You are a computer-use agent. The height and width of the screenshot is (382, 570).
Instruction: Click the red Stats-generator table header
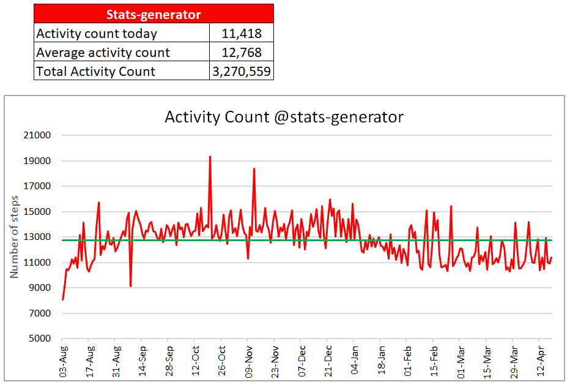point(154,14)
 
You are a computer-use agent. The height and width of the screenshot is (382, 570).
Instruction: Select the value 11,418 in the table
point(242,34)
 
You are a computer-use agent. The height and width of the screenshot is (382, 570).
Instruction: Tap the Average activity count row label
point(103,53)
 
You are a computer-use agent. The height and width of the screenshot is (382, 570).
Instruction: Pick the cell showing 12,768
point(242,53)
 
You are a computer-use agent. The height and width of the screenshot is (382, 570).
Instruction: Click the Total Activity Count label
point(95,71)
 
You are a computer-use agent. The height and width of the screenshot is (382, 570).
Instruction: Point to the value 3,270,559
point(242,71)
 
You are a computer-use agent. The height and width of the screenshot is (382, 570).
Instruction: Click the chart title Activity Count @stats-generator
point(284,117)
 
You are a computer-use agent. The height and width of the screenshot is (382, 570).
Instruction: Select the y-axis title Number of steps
point(14,237)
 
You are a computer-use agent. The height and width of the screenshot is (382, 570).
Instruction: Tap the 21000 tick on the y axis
point(37,135)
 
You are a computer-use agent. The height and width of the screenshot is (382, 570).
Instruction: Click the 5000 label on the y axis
point(40,339)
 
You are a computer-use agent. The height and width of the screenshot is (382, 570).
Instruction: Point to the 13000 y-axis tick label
point(37,237)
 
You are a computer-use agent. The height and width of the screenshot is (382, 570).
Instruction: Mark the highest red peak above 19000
point(210,157)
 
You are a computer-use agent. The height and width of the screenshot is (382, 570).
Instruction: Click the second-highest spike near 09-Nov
point(254,169)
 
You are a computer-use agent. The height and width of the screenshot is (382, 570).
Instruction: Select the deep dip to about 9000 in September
point(130,286)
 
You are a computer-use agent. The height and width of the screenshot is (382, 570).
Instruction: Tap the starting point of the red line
point(63,299)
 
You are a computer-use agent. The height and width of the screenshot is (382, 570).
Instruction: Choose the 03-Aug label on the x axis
point(63,362)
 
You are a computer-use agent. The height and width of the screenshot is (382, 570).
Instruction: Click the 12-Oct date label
point(195,361)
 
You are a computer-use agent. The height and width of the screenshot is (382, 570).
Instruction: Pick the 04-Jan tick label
point(355,360)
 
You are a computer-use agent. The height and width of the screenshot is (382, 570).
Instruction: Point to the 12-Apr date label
point(540,361)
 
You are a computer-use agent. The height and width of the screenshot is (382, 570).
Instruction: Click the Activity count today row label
point(97,34)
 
